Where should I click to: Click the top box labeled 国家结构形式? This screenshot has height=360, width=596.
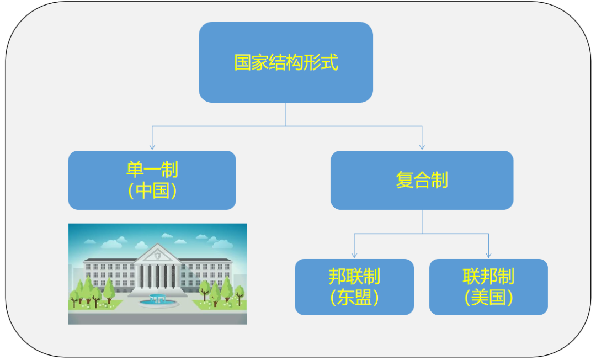pyautogui.click(x=286, y=62)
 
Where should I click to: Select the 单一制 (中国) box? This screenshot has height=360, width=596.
pyautogui.click(x=152, y=180)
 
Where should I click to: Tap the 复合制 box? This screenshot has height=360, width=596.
pyautogui.click(x=422, y=180)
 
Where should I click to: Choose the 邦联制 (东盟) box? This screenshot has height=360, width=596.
pyautogui.click(x=354, y=287)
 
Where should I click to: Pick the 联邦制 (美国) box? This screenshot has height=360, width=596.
pyautogui.click(x=488, y=287)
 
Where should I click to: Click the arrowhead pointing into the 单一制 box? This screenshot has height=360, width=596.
pyautogui.click(x=152, y=147)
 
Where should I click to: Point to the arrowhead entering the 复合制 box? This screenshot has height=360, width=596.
pyautogui.click(x=422, y=147)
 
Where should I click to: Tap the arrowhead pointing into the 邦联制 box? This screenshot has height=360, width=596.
pyautogui.click(x=354, y=255)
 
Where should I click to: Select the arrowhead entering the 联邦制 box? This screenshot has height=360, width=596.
pyautogui.click(x=488, y=255)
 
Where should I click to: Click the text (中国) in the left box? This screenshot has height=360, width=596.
pyautogui.click(x=152, y=191)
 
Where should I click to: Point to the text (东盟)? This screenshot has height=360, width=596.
pyautogui.click(x=354, y=298)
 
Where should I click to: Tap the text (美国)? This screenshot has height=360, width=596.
pyautogui.click(x=488, y=298)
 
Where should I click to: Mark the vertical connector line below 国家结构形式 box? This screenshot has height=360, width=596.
pyautogui.click(x=286, y=114)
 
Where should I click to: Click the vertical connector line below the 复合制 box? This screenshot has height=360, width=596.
pyautogui.click(x=422, y=221)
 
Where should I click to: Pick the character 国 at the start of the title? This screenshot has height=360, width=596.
pyautogui.click(x=242, y=62)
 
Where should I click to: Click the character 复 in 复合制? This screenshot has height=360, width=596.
pyautogui.click(x=405, y=180)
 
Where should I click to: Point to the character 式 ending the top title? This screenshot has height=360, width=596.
pyautogui.click(x=329, y=62)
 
